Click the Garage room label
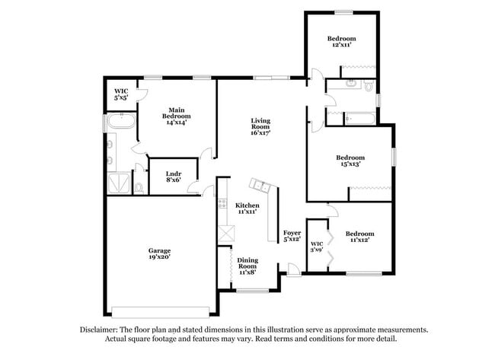159,254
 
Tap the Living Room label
261,126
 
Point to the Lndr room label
173,177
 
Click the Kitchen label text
247,209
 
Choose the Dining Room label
247,266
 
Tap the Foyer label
292,236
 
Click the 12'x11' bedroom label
342,42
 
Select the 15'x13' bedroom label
350,161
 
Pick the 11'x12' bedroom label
359,237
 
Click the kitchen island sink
262,185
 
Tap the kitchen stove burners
222,202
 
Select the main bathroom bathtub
120,121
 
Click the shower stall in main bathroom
118,183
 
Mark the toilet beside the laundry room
139,186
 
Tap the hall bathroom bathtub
359,118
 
